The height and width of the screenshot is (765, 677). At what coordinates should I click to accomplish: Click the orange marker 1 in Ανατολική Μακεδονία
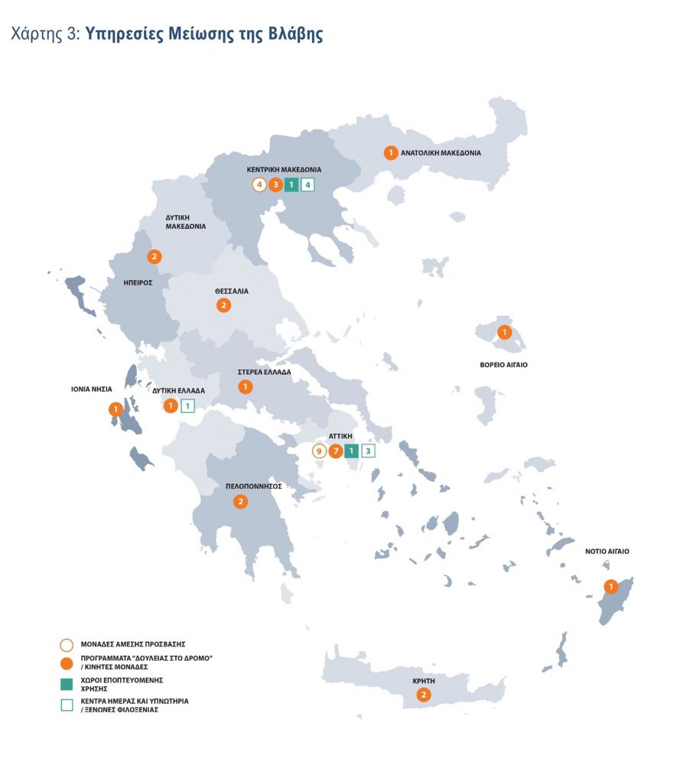tap(390, 152)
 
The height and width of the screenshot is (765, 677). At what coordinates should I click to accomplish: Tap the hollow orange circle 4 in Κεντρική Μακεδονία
tap(259, 184)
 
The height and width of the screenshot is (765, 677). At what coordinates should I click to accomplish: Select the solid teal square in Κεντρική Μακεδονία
tap(291, 184)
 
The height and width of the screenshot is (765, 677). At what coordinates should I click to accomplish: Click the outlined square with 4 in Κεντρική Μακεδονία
tap(308, 184)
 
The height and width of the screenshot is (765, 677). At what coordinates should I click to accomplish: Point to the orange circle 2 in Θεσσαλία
tap(223, 305)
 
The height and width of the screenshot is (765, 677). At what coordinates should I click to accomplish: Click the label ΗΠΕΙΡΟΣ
tap(138, 282)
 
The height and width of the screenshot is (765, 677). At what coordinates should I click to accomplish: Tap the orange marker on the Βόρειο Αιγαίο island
tap(504, 332)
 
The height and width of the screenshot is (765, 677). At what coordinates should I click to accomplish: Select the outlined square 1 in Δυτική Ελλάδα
tap(187, 406)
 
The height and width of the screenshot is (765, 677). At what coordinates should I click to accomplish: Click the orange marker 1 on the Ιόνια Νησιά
tap(116, 409)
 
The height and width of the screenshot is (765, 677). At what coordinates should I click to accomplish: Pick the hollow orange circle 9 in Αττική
tap(319, 451)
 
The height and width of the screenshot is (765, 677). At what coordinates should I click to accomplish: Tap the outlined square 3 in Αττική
tap(368, 451)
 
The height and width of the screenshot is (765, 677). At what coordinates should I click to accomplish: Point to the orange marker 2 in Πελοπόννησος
tap(240, 502)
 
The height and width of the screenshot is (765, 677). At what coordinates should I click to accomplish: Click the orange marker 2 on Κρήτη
tap(423, 695)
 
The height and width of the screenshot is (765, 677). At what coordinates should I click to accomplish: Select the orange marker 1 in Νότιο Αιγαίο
tap(610, 587)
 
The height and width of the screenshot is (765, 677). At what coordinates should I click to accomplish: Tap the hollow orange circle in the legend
tap(67, 644)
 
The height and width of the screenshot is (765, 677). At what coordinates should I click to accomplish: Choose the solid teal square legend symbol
tap(67, 682)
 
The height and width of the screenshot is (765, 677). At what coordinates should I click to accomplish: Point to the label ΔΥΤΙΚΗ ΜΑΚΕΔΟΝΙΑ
tap(185, 222)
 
